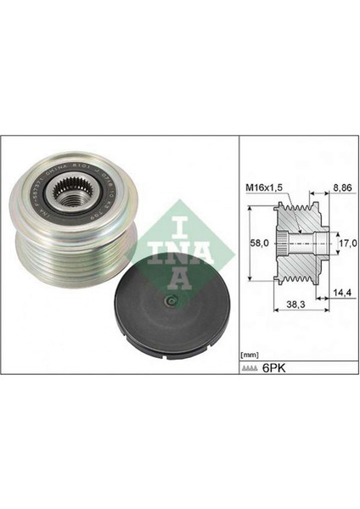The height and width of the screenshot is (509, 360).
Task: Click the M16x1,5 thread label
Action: (263, 187)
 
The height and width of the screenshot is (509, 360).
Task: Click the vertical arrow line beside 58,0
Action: (251, 243)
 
